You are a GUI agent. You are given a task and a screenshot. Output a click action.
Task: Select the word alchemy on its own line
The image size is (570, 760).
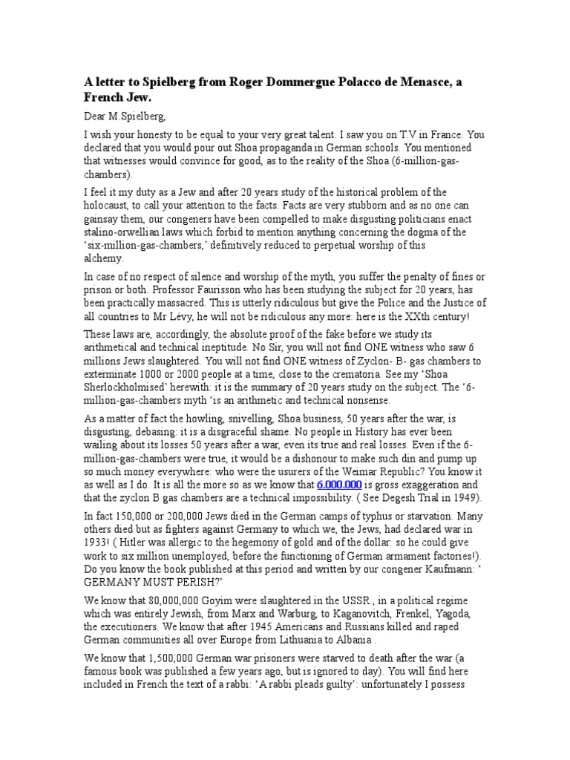(x=105, y=259)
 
